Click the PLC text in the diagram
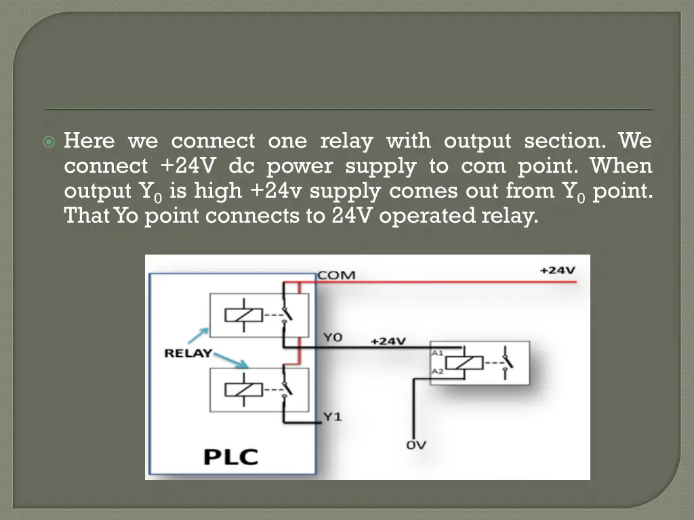click(x=231, y=456)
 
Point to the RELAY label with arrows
click(x=188, y=353)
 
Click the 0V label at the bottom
click(x=415, y=445)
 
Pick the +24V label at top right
click(x=557, y=269)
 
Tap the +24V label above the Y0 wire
click(x=388, y=341)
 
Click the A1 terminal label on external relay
click(x=437, y=353)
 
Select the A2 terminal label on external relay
click(x=437, y=371)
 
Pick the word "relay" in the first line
click(x=346, y=141)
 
